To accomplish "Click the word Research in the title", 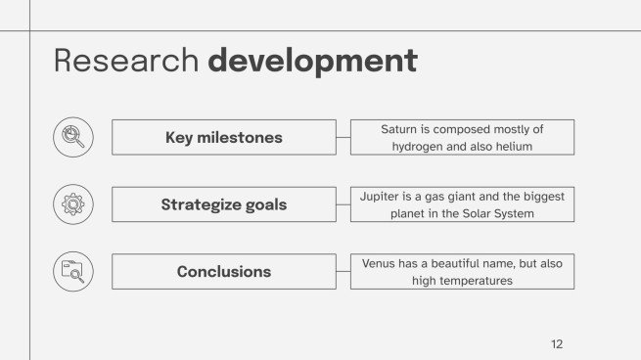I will pyautogui.click(x=126, y=61).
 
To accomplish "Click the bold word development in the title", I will pyautogui.click(x=312, y=61).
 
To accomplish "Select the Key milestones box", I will pyautogui.click(x=223, y=137).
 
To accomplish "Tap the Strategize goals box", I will pyautogui.click(x=223, y=204).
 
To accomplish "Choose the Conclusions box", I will pyautogui.click(x=223, y=271).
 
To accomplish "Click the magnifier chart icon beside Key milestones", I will pyautogui.click(x=73, y=137).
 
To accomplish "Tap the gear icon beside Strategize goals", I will pyautogui.click(x=73, y=204).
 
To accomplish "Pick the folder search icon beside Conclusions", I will pyautogui.click(x=73, y=271).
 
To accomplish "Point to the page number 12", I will pyautogui.click(x=557, y=343).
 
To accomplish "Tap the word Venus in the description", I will pyautogui.click(x=380, y=263).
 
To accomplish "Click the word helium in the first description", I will pyautogui.click(x=514, y=147).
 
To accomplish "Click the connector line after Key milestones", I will pyautogui.click(x=343, y=137).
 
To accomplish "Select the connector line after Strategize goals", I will pyautogui.click(x=343, y=204).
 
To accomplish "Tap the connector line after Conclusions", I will pyautogui.click(x=343, y=271).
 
